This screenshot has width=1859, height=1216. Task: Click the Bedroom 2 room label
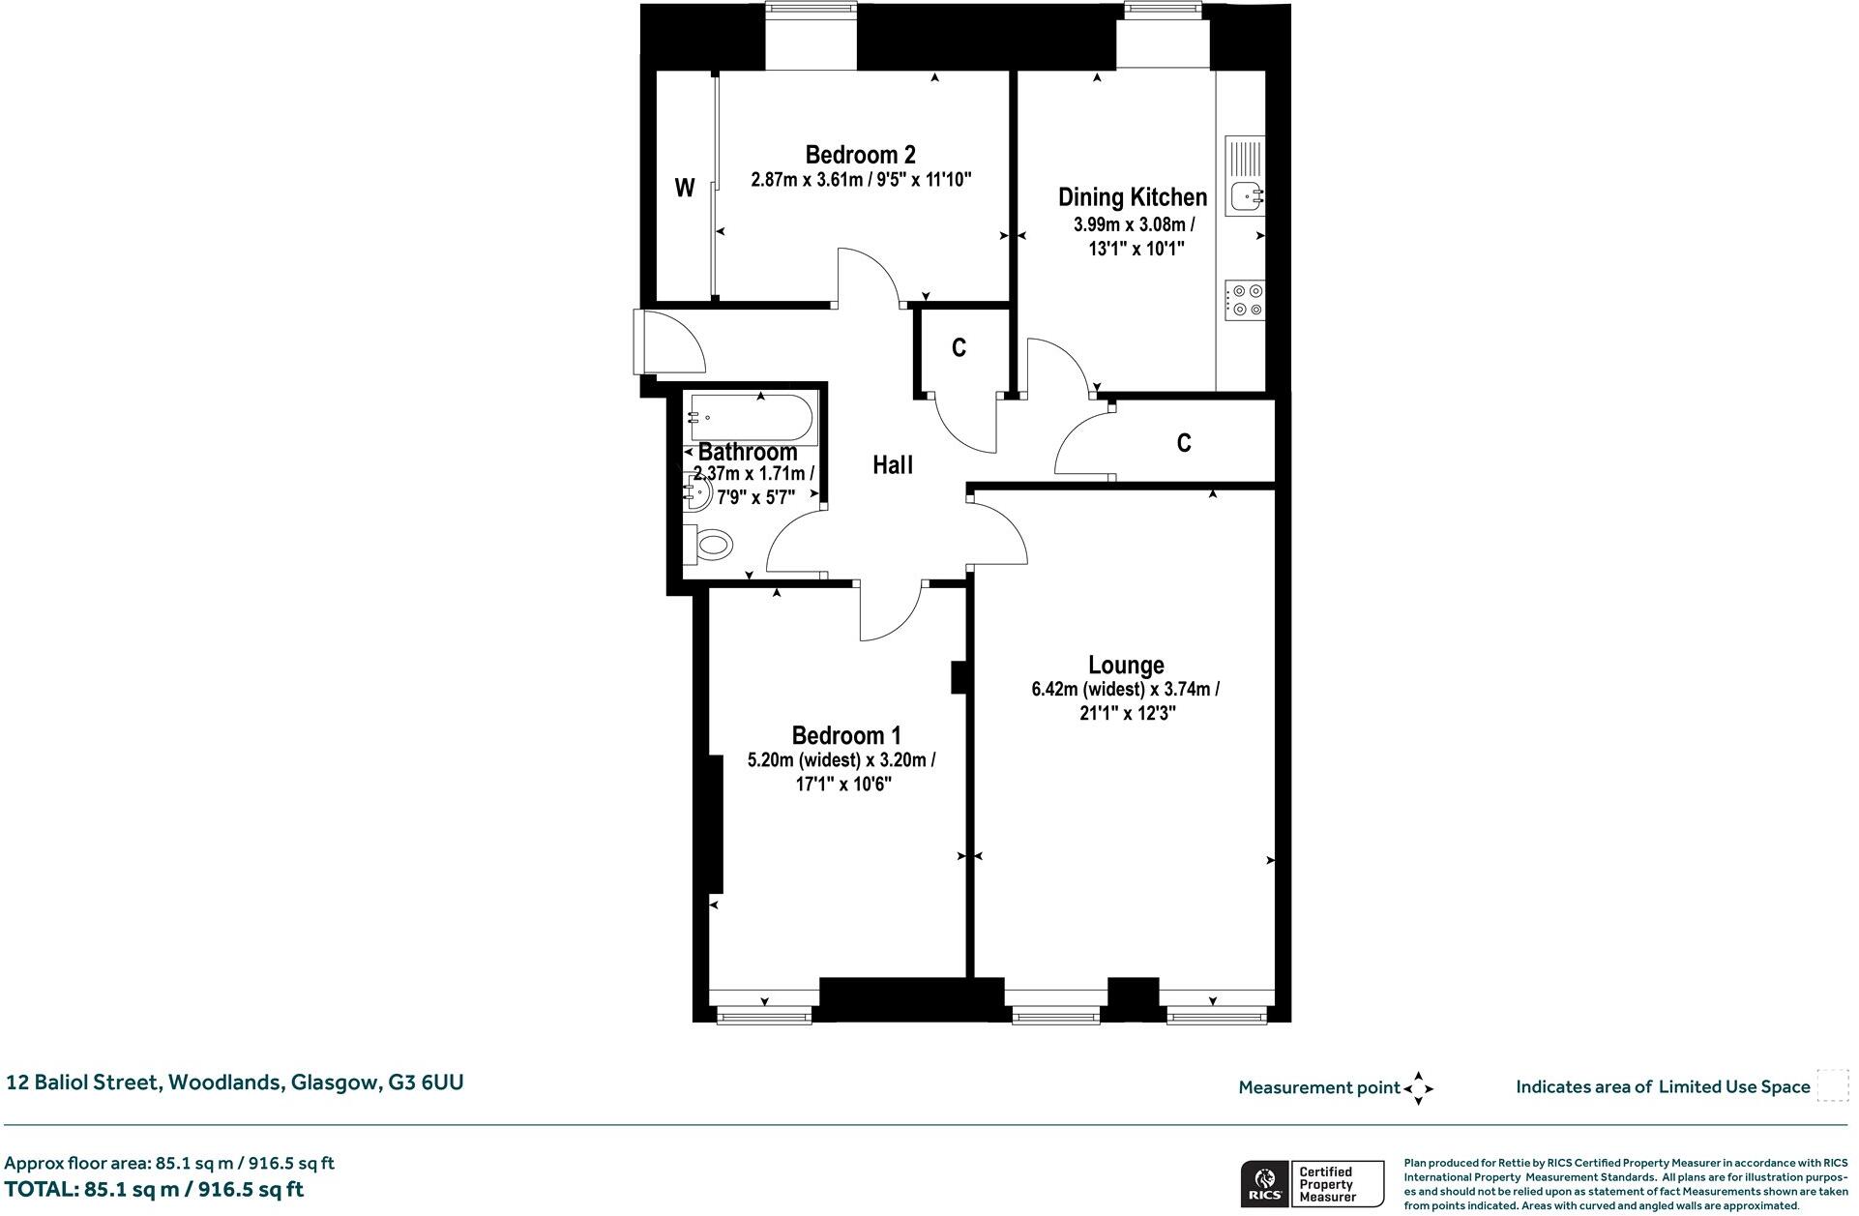[860, 155]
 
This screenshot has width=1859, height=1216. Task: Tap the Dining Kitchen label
[1132, 197]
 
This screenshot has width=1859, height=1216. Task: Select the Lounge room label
[1125, 666]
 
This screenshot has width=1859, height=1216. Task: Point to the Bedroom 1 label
[845, 735]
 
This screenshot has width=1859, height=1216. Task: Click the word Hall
[892, 465]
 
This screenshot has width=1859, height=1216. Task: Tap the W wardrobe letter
[684, 189]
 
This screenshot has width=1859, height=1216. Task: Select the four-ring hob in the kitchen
[1244, 299]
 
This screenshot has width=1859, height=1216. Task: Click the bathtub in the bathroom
[753, 418]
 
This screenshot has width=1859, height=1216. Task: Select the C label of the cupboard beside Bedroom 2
[959, 348]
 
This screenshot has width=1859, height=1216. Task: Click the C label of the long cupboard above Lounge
[1183, 443]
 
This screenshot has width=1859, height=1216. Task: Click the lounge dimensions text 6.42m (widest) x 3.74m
[1125, 690]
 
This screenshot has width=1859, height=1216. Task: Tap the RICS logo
[1264, 1184]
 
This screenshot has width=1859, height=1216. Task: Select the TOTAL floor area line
[155, 1189]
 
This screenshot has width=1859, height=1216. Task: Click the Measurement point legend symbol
[1418, 1088]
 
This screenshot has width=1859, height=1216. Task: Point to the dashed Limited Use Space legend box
[1831, 1085]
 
